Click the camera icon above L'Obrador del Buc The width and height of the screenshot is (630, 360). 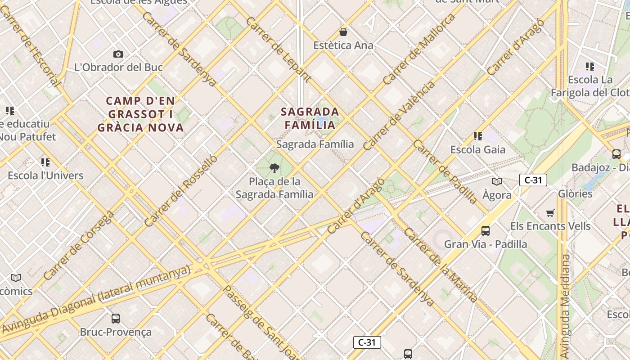click(x=118, y=54)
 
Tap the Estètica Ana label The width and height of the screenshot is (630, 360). click(x=343, y=45)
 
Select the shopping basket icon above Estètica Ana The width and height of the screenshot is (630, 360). click(x=343, y=32)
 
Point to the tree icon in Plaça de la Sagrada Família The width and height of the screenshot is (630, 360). click(x=274, y=169)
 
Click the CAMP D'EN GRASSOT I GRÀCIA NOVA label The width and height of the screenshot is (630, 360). click(x=141, y=114)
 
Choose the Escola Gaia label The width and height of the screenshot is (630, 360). click(x=478, y=149)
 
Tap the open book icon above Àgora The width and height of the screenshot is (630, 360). click(x=497, y=181)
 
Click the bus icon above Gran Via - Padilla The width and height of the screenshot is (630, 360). click(x=486, y=231)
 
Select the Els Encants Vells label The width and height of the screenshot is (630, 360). click(x=550, y=226)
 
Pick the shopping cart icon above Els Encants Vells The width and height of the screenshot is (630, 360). click(x=550, y=213)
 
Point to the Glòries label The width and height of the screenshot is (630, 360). click(x=576, y=193)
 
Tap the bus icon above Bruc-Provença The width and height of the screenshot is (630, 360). click(x=116, y=319)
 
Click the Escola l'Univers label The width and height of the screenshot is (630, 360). click(x=45, y=175)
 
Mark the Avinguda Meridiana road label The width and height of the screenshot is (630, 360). click(x=565, y=306)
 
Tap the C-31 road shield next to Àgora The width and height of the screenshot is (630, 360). click(x=533, y=180)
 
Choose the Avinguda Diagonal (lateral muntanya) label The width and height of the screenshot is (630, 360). click(x=97, y=299)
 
